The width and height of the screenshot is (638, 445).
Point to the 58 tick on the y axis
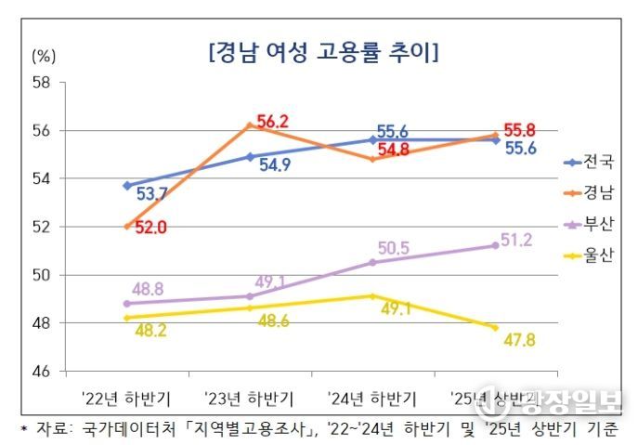pos(40,82)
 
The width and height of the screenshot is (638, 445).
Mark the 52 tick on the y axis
pos(40,227)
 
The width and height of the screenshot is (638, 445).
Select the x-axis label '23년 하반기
pos(249,399)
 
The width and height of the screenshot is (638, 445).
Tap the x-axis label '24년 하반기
pos(372,399)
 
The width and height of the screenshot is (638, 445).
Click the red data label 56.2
pos(273,121)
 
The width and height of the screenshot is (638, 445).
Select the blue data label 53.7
pos(151,194)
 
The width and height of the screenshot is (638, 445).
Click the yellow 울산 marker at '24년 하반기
pos(372,296)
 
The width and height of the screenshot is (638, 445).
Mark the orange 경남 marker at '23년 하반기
pos(249,124)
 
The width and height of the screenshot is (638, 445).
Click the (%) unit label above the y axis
pos(44,54)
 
